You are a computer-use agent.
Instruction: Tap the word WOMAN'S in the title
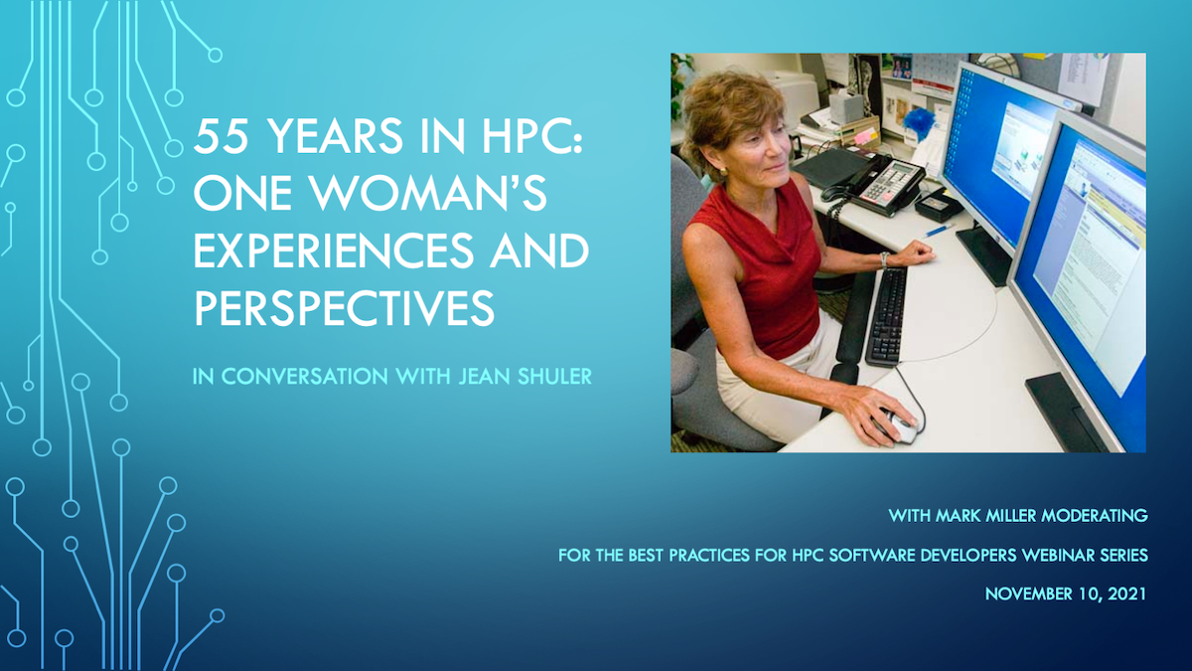(428, 192)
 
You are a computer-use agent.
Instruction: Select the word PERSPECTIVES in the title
(344, 308)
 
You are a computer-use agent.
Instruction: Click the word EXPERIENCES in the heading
(333, 251)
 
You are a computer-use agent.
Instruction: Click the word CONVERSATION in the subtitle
(305, 377)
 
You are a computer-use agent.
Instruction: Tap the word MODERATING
(1094, 516)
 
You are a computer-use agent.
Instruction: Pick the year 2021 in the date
(1126, 593)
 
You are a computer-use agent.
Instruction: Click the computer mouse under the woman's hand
(899, 427)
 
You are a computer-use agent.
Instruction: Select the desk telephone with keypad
(873, 184)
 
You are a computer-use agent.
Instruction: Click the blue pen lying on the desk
(939, 231)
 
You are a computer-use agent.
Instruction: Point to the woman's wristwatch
(884, 259)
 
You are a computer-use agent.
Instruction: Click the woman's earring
(724, 171)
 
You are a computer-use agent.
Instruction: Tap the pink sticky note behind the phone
(865, 136)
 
